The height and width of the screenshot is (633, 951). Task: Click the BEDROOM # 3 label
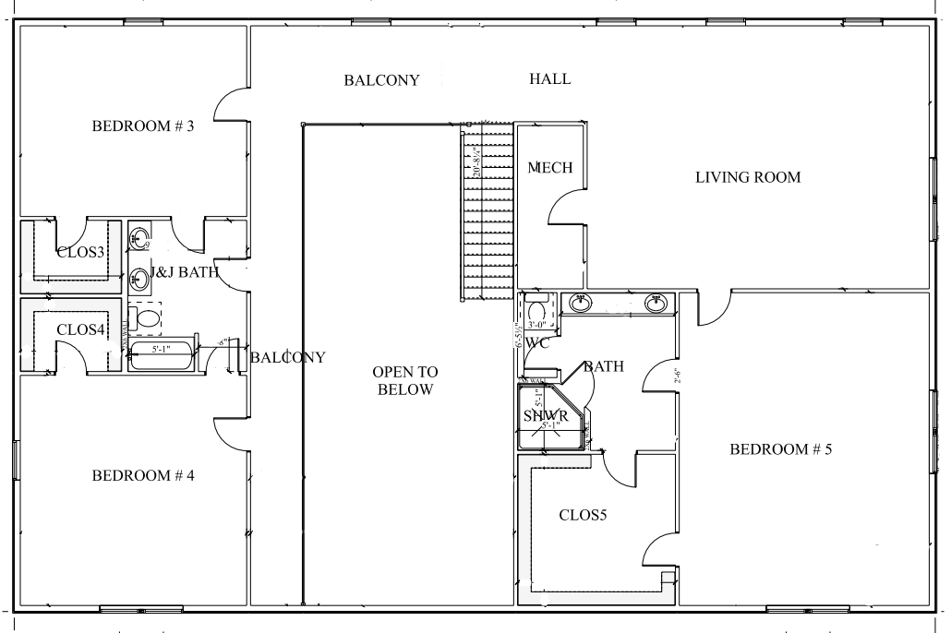(x=142, y=126)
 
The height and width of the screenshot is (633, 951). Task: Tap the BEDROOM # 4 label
(x=142, y=476)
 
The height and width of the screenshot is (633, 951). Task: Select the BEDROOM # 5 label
(x=781, y=450)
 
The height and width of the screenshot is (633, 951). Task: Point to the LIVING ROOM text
(x=747, y=177)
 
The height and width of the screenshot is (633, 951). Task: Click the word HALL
(x=549, y=79)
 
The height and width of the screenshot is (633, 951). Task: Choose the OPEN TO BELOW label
(x=405, y=380)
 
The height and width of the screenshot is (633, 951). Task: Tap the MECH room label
(x=550, y=168)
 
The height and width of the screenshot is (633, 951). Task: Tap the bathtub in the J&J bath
(x=161, y=354)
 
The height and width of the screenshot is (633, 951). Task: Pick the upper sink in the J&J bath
(x=139, y=238)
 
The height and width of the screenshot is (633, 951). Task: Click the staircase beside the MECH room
(x=486, y=212)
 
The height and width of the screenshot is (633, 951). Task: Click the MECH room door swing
(x=565, y=205)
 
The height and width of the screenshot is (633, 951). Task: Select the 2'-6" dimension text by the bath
(x=677, y=376)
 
